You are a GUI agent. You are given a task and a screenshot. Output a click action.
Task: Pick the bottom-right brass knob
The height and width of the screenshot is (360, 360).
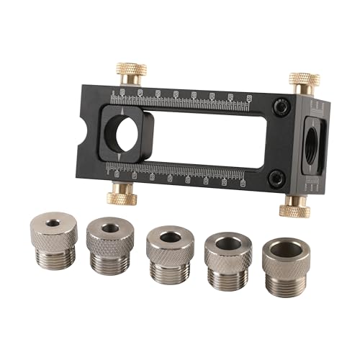pos(295,207)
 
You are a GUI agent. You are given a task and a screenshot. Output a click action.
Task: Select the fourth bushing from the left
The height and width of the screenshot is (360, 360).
pos(228,254)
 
